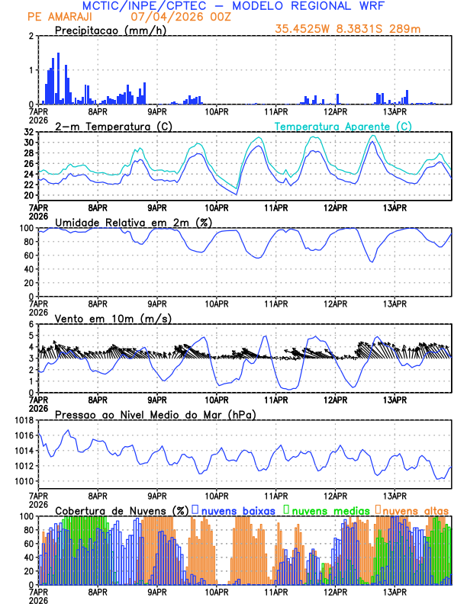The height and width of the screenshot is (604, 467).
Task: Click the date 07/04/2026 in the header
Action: [x=163, y=17]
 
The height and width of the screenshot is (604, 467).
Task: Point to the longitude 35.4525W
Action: [x=304, y=29]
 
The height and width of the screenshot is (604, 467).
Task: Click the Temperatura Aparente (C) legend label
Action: [x=343, y=126]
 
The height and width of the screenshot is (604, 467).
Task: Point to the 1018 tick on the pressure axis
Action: [x=23, y=420]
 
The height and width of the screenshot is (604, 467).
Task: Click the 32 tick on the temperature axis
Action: [x=29, y=132]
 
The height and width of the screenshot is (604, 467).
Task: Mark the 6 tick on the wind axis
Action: [x=32, y=324]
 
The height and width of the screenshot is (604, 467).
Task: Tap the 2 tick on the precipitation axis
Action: [x=32, y=36]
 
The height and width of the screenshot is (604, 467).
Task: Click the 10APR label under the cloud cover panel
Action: [x=217, y=592]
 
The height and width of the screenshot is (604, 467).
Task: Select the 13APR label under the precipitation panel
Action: [x=395, y=111]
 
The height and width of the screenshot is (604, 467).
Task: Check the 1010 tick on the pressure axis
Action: [x=23, y=481]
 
